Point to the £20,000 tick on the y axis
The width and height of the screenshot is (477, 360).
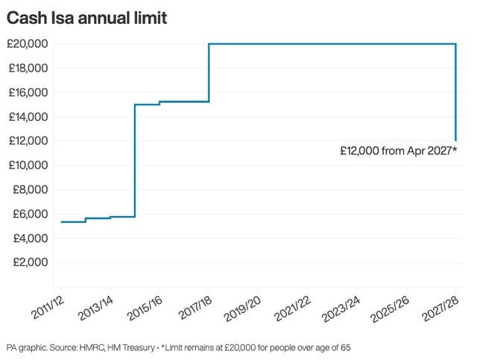tap(28, 44)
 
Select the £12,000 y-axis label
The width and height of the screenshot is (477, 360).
tap(28, 141)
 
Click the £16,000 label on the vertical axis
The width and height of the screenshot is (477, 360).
tap(28, 92)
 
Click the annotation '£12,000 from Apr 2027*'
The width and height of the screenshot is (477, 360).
tap(398, 151)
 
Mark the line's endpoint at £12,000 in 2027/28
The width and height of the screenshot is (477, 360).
tap(455, 140)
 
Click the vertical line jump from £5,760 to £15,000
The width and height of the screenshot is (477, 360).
tap(135, 160)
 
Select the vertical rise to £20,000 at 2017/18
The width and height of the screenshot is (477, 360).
tap(209, 72)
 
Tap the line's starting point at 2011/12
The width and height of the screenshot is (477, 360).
tap(61, 221)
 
